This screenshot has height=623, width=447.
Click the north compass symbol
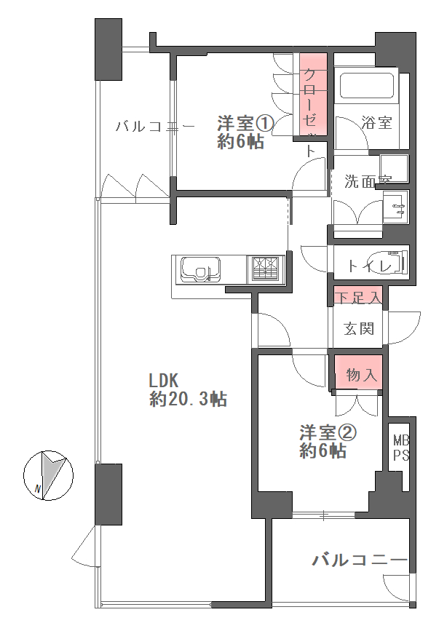click(49, 475)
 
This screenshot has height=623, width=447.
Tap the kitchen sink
click(201, 269)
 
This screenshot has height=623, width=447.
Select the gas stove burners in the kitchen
click(266, 270)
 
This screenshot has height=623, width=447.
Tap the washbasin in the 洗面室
click(396, 207)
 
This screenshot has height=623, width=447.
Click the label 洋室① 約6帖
click(245, 132)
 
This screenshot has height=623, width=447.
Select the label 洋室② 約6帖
click(328, 442)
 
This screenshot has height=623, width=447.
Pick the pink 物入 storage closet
click(359, 372)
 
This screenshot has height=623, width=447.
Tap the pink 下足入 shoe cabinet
click(358, 295)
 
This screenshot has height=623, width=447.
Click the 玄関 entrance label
click(359, 329)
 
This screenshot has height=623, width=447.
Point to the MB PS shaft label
click(401, 448)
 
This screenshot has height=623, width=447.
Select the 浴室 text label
click(376, 122)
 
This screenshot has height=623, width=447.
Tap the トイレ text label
click(370, 266)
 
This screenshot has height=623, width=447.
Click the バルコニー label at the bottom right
click(360, 560)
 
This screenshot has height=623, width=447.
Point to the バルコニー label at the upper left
click(155, 127)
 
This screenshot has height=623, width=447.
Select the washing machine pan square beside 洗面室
click(394, 168)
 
